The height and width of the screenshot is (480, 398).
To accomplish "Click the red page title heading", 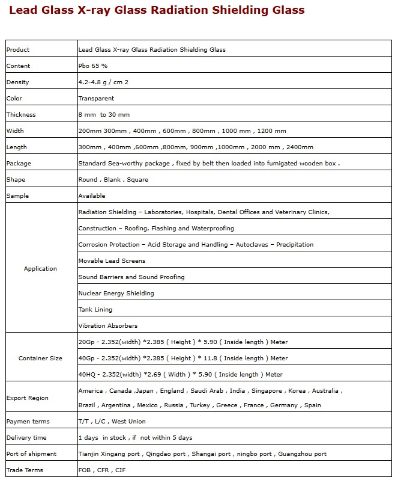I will pos(157,10).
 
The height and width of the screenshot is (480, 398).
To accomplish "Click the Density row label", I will pos(17,82).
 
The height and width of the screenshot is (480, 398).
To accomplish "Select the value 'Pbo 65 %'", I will pos(93,66).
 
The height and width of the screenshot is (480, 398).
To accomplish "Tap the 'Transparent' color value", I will pos(96,99).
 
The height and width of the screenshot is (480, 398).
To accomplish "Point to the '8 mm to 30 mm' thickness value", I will pos(104,115).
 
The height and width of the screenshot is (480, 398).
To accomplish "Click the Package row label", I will pos(19,164).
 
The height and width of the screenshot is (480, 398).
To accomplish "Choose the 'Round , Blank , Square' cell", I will pos(113,180).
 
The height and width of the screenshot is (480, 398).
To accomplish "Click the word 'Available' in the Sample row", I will pos(91,196).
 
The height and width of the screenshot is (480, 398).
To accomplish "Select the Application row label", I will pos(40,269).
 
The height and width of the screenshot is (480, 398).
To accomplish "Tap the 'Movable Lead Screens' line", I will pos(112,261).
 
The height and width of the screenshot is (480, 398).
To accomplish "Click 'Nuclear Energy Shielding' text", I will pos(116,294).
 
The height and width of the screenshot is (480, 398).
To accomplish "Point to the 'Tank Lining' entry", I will pos(95,310).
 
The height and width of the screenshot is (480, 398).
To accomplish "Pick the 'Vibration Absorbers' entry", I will pos(108,326).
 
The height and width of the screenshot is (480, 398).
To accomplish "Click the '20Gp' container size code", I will pos(86,342).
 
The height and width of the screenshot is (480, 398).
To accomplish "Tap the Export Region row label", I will pos(28,398).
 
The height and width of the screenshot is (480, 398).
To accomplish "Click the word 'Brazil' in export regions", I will pos(87,405).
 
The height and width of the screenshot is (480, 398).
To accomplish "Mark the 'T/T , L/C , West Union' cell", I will pos(112,422).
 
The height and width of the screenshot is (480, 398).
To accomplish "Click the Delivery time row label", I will pos(26,438).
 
